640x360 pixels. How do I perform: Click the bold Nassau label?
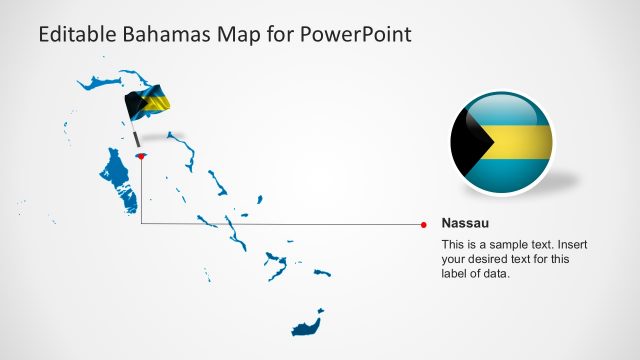[x=465, y=223]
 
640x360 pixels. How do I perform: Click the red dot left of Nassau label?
[x=425, y=224]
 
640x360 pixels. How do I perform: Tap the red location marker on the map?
[x=141, y=156]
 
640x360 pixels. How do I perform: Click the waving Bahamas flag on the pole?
[x=147, y=101]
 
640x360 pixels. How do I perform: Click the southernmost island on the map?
[x=306, y=325]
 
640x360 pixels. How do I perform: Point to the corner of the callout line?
[x=141, y=224]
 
